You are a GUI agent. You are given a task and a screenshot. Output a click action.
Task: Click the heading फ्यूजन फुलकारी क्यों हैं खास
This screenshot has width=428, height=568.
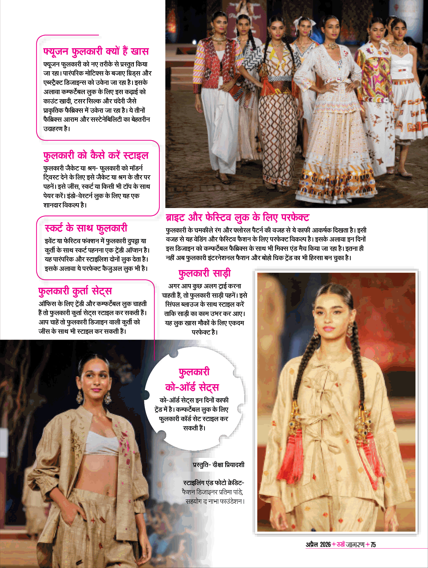96,52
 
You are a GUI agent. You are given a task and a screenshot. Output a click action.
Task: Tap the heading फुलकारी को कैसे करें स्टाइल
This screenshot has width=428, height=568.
96,155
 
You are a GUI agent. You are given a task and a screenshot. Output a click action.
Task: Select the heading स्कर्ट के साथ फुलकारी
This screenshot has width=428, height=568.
86,228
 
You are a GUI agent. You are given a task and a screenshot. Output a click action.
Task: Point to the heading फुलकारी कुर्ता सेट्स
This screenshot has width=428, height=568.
75,291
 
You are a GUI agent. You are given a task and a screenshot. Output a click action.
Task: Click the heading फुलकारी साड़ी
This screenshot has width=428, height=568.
205,273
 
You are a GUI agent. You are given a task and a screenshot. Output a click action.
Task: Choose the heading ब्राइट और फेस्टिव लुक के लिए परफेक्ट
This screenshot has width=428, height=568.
237,218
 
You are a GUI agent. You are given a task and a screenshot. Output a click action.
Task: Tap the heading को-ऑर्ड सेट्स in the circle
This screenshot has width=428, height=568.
192,387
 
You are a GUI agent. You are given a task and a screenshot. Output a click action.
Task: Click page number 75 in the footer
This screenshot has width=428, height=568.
373,545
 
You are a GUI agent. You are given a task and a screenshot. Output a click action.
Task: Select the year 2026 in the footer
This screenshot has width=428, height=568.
325,545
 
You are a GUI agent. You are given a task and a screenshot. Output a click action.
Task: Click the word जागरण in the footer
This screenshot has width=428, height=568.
355,545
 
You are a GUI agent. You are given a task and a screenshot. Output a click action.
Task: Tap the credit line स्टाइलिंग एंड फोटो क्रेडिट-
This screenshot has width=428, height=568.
214,483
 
